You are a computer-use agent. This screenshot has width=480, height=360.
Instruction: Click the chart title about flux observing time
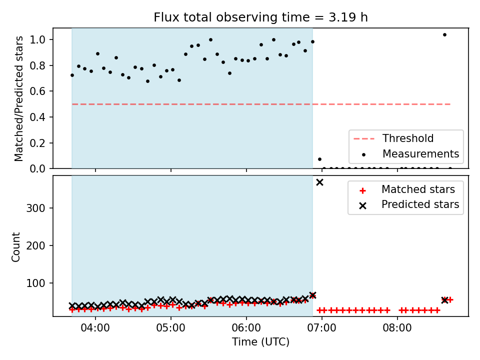click(260, 17)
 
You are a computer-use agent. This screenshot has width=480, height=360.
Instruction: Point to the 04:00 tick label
click(95, 328)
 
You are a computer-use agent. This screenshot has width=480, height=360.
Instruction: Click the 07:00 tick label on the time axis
click(321, 328)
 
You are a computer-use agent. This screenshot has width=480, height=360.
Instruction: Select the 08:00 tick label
click(397, 328)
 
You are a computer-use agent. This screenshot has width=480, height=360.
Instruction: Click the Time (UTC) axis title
click(260, 342)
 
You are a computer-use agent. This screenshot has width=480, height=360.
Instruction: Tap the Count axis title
click(15, 247)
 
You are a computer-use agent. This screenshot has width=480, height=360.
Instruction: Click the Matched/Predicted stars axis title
click(18, 98)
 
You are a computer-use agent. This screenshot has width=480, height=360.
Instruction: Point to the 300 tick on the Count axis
click(35, 208)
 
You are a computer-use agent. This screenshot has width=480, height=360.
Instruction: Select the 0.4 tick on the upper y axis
click(37, 117)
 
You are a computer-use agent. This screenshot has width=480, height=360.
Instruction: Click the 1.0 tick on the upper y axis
click(37, 40)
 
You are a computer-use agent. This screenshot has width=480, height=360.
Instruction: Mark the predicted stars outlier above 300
click(319, 182)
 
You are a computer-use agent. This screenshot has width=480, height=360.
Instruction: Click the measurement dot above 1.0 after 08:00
click(445, 35)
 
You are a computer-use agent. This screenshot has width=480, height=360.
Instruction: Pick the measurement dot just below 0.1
click(319, 159)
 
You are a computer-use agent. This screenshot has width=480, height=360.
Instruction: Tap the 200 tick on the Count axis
click(35, 245)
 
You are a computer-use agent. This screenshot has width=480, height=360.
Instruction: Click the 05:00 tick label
click(171, 328)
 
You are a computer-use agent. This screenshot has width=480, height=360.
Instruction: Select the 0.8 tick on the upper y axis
click(37, 65)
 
